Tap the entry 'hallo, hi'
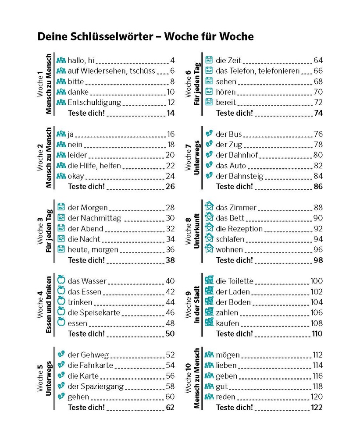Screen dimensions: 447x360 [x=81, y=60]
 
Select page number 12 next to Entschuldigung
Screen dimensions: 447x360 [x=171, y=103]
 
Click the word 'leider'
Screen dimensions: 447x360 [x=77, y=155]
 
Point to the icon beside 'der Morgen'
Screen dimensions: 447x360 [x=61, y=207]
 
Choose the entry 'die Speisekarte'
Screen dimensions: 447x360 [x=94, y=313]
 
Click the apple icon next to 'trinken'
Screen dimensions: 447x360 [x=61, y=302]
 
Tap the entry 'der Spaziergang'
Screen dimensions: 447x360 [x=96, y=387]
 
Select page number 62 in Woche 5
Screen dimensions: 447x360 [x=170, y=408]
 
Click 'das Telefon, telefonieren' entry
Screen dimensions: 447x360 [x=257, y=71]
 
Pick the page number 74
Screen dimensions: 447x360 [x=318, y=113]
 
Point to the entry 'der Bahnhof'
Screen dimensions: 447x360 [x=237, y=155]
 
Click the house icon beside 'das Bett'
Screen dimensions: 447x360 [x=209, y=218]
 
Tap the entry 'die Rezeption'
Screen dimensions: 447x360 [x=239, y=229]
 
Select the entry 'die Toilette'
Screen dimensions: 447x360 [x=235, y=281]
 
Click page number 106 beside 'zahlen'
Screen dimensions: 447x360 [x=316, y=313]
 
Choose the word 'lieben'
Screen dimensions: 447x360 [x=226, y=365]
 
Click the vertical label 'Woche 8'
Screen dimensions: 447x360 [x=189, y=228]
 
